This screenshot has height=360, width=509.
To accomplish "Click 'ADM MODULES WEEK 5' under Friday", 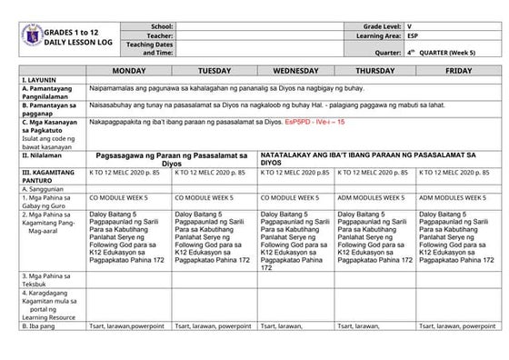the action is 454,196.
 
